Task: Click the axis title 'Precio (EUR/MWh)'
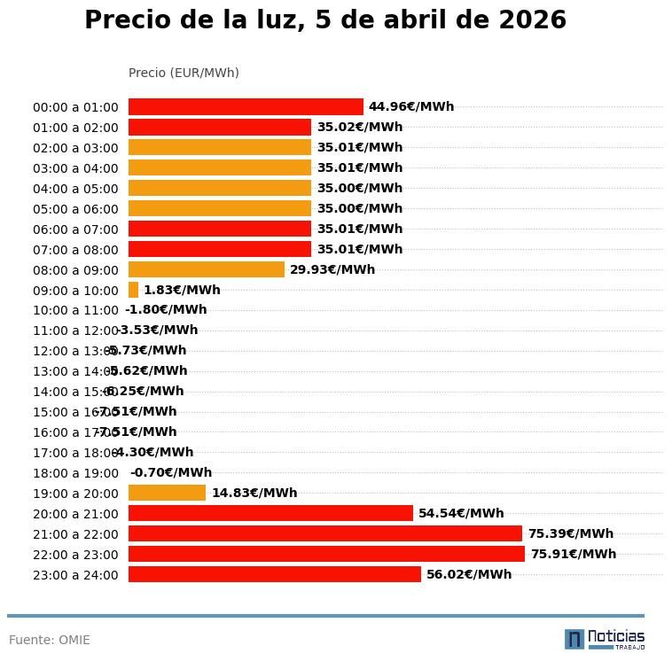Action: click(x=184, y=73)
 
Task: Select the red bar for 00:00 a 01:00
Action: click(x=246, y=106)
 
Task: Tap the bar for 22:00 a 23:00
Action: click(x=326, y=554)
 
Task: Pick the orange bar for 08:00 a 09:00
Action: click(x=206, y=269)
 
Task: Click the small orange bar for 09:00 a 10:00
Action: click(x=133, y=290)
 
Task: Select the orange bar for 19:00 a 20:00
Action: click(x=167, y=493)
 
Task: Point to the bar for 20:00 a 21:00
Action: click(x=270, y=513)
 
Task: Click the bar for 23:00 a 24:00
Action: click(x=274, y=574)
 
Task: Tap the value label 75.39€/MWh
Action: click(x=570, y=533)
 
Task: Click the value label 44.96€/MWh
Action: click(x=410, y=106)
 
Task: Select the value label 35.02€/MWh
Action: click(x=359, y=127)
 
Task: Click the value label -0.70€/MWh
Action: click(x=170, y=472)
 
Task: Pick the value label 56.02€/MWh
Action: click(x=468, y=574)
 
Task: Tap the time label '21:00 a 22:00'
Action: click(x=75, y=534)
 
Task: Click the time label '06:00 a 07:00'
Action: click(x=75, y=229)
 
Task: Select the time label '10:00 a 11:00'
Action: click(x=75, y=310)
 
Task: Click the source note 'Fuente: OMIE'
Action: click(x=50, y=640)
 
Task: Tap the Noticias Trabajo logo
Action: click(x=604, y=639)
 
